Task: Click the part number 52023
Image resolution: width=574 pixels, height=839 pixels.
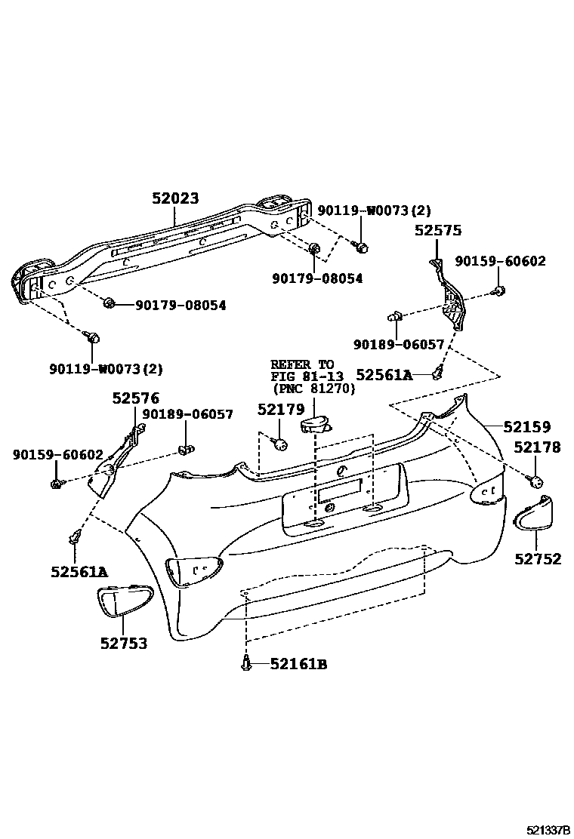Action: (x=174, y=198)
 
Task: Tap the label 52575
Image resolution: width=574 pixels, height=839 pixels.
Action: (x=437, y=231)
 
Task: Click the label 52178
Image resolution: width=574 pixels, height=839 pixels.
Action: (x=537, y=447)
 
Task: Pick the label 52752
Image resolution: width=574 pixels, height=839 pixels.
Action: (x=538, y=558)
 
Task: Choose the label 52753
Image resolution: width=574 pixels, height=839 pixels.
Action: (x=123, y=644)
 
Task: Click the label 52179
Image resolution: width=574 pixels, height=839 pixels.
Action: (x=280, y=409)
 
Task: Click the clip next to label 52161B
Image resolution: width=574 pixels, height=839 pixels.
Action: (x=247, y=663)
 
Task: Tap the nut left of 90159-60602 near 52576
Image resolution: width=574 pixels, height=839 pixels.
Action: (x=57, y=482)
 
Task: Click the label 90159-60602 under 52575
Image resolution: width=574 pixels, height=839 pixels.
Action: (x=500, y=262)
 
